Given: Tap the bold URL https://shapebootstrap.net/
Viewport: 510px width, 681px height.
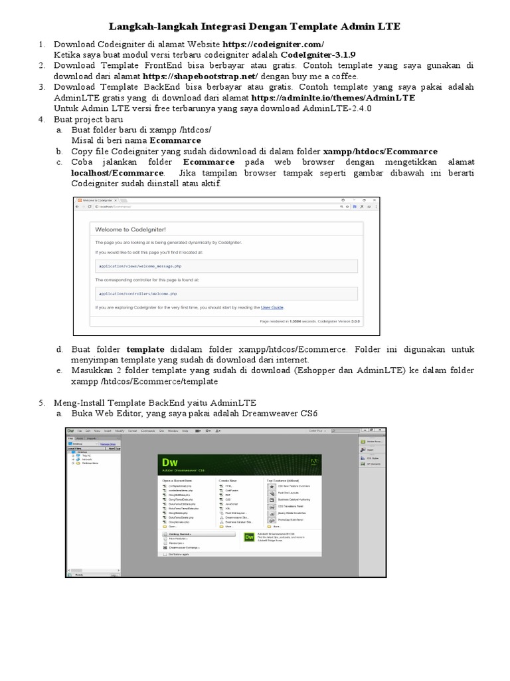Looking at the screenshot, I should point(199,76).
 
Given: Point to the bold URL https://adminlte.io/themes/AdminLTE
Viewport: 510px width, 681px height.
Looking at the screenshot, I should point(333,98).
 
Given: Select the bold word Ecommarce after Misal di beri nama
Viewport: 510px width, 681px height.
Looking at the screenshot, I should point(175,141).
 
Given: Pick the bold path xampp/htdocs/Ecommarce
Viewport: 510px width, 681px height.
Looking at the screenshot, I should point(381,152).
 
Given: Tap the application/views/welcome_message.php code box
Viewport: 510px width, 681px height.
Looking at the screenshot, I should point(226,265).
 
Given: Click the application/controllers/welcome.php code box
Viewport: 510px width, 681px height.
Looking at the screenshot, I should point(226,293).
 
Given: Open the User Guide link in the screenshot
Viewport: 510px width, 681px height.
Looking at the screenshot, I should point(272,308).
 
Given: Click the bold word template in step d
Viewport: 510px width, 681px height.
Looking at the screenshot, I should point(145,349).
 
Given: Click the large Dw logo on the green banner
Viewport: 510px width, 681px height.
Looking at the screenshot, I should point(169,463).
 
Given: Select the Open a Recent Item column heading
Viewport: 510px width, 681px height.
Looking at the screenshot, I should point(177,479).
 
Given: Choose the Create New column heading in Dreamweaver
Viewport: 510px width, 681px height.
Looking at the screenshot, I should point(228,479).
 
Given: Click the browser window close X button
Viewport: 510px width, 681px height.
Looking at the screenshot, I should point(374,200).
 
